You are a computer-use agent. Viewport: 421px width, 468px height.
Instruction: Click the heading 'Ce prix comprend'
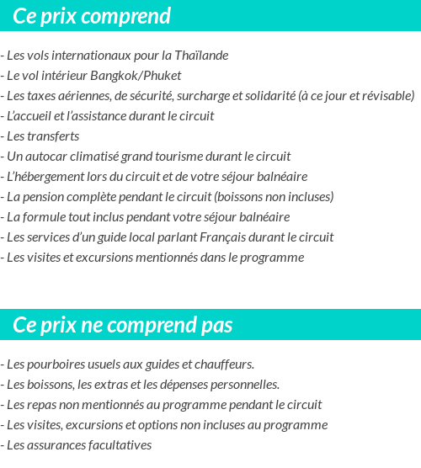coord(92,16)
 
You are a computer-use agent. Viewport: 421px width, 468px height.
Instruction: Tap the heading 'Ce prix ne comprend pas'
coord(123,325)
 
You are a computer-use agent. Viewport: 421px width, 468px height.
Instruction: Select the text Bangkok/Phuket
coord(137,76)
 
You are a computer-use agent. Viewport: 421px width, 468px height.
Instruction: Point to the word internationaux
coord(101,56)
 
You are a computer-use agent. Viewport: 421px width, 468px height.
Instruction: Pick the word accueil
coord(34,116)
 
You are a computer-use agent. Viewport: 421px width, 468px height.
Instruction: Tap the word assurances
coord(58,445)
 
